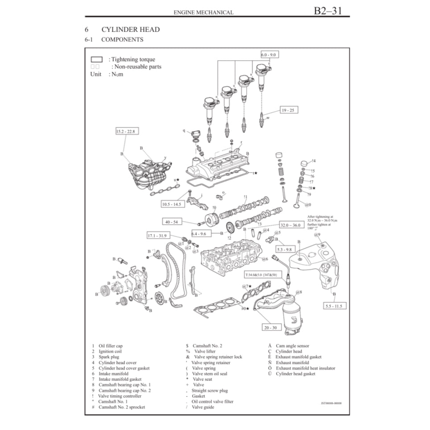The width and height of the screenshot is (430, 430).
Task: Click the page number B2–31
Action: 328,10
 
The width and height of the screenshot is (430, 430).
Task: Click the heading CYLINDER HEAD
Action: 130,29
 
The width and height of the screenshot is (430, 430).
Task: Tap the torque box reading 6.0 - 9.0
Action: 270,54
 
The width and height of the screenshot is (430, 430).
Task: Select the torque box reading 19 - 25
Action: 289,110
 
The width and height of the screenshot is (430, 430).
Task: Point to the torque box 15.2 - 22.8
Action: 125,131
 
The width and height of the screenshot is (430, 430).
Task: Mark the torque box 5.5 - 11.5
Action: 335,306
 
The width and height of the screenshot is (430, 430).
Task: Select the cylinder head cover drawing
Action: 219,168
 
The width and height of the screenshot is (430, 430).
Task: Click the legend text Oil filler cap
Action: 111,346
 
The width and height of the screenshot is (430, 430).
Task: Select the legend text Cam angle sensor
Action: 292,346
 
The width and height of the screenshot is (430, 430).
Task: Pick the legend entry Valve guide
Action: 203,407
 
